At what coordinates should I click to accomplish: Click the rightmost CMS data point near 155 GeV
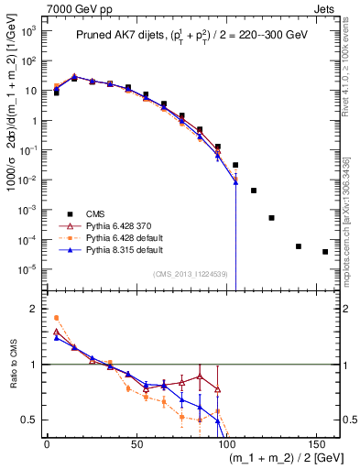(325, 252)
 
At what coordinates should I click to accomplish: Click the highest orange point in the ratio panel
(57, 318)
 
